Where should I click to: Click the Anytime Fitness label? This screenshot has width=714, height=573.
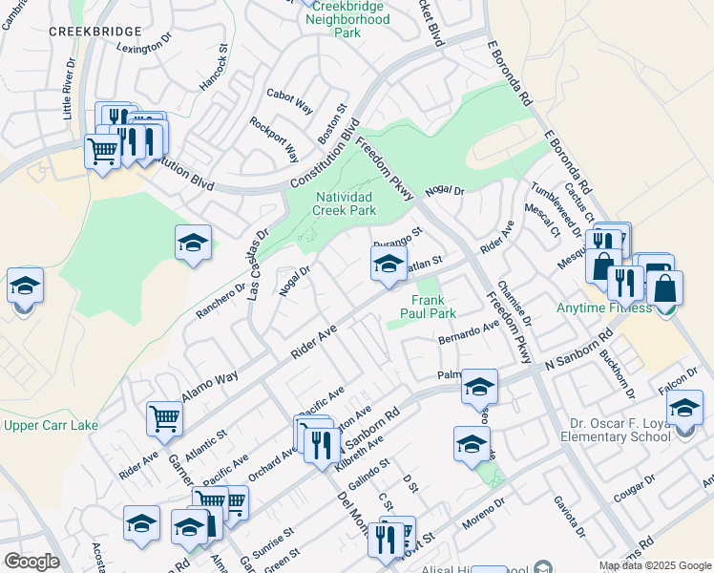pyautogui.click(x=605, y=308)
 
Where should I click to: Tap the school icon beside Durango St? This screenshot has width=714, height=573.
pyautogui.click(x=388, y=265)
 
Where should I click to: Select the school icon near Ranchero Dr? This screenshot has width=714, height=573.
pyautogui.click(x=193, y=244)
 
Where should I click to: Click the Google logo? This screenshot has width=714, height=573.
pyautogui.click(x=31, y=562)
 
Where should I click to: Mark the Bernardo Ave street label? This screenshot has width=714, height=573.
pyautogui.click(x=469, y=333)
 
